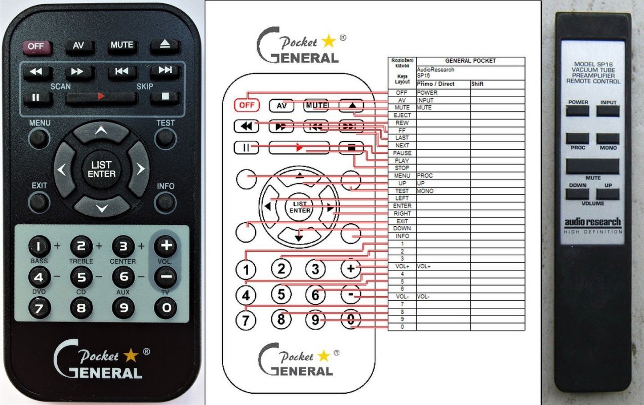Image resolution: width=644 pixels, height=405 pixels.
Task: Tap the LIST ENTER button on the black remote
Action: (x=102, y=169)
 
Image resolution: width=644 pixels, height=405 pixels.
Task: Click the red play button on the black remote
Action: (x=101, y=96)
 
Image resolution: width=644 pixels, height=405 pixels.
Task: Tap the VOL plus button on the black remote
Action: (x=165, y=246)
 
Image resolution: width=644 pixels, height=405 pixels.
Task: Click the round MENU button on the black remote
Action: (x=39, y=138)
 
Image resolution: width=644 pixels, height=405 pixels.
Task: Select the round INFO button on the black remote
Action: (x=165, y=201)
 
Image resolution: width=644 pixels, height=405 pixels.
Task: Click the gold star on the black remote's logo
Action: (x=131, y=355)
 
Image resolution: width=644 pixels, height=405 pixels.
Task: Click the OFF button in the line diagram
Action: (x=247, y=105)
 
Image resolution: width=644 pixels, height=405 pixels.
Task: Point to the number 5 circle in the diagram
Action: (x=281, y=294)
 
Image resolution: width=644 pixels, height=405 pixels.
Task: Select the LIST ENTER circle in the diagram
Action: (x=300, y=207)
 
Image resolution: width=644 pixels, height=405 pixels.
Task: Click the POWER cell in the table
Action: (x=427, y=93)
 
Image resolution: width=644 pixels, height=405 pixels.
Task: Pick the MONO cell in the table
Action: (x=425, y=191)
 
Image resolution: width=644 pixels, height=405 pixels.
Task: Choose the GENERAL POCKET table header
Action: (x=470, y=61)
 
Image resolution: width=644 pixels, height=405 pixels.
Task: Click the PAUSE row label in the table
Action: (x=402, y=153)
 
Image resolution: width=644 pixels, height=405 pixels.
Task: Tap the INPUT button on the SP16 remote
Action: (x=608, y=110)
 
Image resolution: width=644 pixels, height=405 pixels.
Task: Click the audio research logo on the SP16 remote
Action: (x=593, y=223)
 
